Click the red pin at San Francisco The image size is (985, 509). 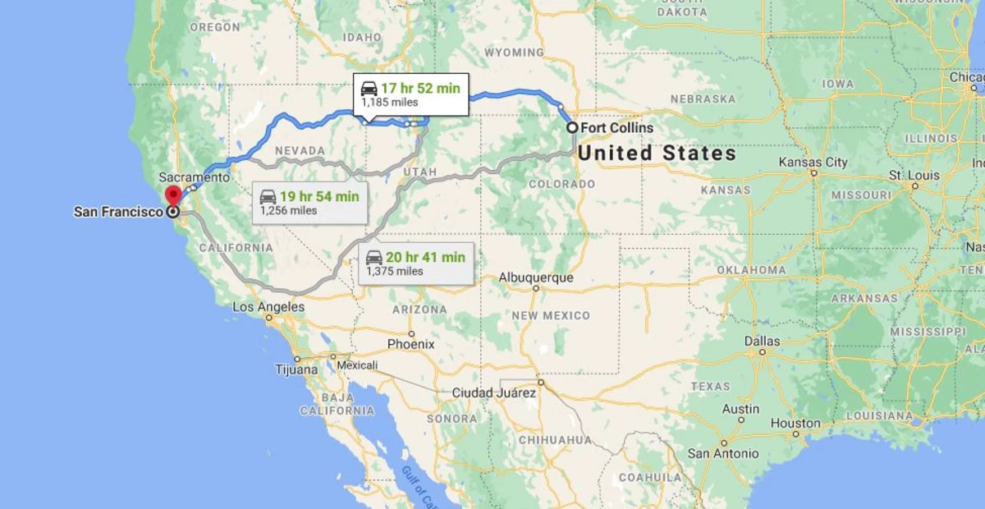tap(173, 196)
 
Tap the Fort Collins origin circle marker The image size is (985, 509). tap(572, 127)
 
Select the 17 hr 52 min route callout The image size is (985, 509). tap(411, 94)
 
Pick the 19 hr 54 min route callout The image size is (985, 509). tap(309, 202)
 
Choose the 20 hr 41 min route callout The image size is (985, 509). tap(415, 263)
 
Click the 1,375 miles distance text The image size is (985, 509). tap(395, 271)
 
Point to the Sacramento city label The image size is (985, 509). tap(195, 177)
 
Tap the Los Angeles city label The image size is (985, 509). tap(268, 307)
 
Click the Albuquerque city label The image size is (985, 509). tap(536, 278)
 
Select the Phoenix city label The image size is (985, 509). tap(410, 344)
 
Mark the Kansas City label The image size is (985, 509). tap(813, 163)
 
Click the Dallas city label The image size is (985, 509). tap(763, 341)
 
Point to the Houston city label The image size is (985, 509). tap(795, 424)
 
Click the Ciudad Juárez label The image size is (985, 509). tap(494, 393)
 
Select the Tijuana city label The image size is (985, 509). tap(296, 369)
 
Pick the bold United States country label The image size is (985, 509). tap(657, 154)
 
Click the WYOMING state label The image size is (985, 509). tap(514, 53)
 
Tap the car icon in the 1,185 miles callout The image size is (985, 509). tap(369, 89)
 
